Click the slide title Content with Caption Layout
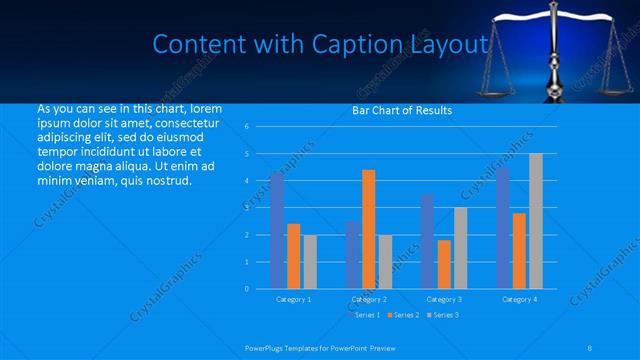pos(320,45)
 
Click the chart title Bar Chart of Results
pos(401,110)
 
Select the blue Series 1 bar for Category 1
pos(277,230)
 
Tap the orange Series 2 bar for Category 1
pos(293,256)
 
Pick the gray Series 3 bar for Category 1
pos(309,261)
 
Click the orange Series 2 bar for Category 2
pos(368,229)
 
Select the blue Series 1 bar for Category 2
pos(352,255)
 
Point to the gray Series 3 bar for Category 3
pos(460,248)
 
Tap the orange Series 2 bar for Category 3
pos(444,264)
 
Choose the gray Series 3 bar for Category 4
pos(535,221)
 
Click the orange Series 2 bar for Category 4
pos(519,250)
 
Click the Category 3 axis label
pos(444,299)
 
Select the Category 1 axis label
pos(293,299)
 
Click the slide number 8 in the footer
pos(590,347)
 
